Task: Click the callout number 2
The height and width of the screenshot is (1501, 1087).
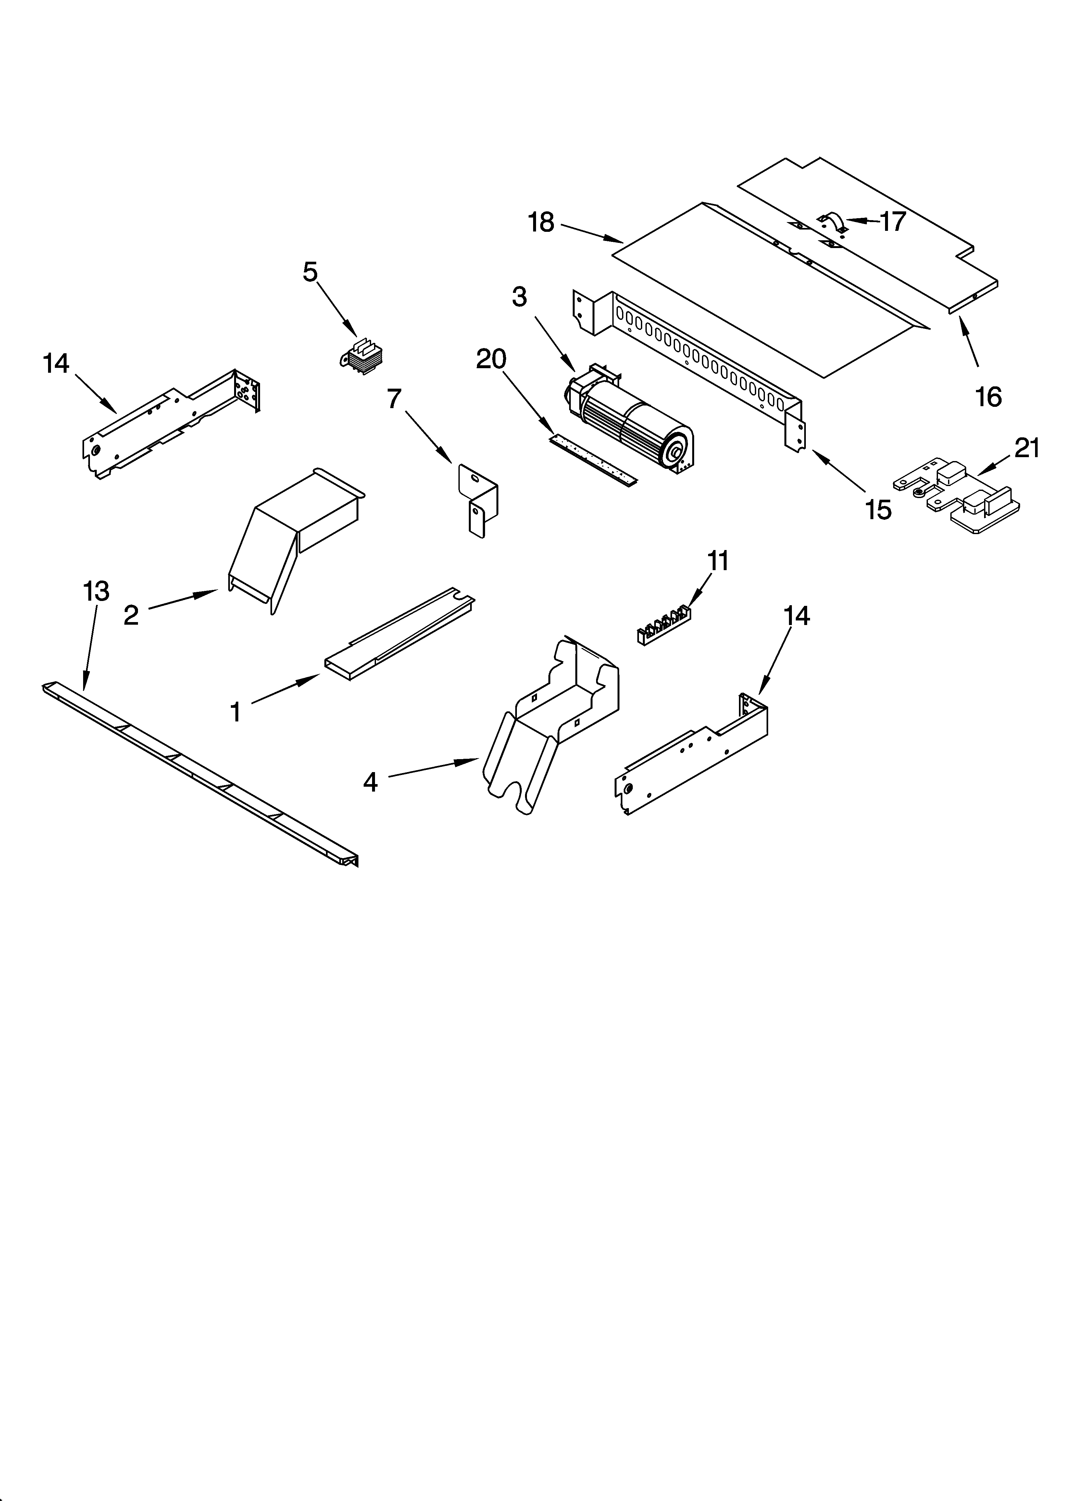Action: (131, 616)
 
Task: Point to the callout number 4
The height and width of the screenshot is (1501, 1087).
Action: (370, 782)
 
